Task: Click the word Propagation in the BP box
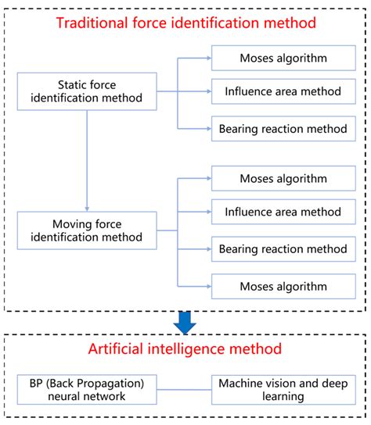coord(99,383)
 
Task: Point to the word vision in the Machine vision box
coord(282,383)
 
